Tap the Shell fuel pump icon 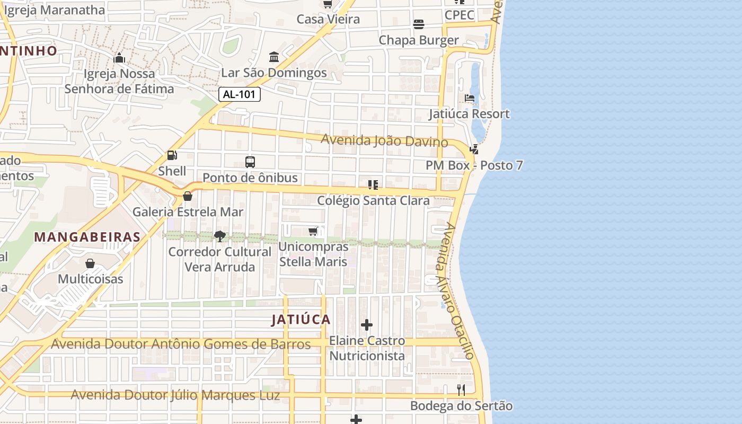pyautogui.click(x=172, y=155)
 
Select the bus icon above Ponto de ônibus pyautogui.click(x=250, y=162)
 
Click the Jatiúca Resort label pyautogui.click(x=469, y=114)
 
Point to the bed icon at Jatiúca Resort pyautogui.click(x=470, y=98)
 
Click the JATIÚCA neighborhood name pyautogui.click(x=301, y=320)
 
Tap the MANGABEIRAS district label pyautogui.click(x=87, y=237)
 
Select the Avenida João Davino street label pyautogui.click(x=385, y=141)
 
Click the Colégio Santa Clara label pyautogui.click(x=373, y=201)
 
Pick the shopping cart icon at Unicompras pyautogui.click(x=313, y=231)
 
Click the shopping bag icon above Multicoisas pyautogui.click(x=90, y=263)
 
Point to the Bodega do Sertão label pyautogui.click(x=461, y=406)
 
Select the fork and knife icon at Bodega pyautogui.click(x=461, y=390)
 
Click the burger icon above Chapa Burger pyautogui.click(x=419, y=24)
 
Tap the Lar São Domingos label pyautogui.click(x=274, y=73)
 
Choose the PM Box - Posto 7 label pyautogui.click(x=474, y=165)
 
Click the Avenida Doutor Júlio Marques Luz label pyautogui.click(x=175, y=395)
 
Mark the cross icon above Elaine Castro pyautogui.click(x=367, y=325)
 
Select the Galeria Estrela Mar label pyautogui.click(x=188, y=212)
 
